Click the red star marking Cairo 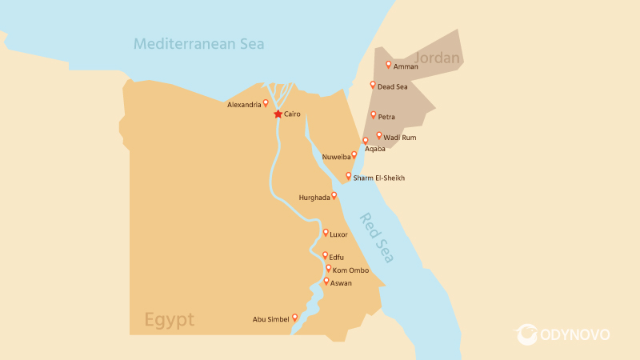[278, 114]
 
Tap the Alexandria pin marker [266, 103]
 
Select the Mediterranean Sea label [199, 43]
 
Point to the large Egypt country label [169, 320]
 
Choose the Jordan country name [438, 58]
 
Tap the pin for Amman [389, 65]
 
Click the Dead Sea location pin [373, 85]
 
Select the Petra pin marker [374, 115]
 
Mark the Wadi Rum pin [379, 136]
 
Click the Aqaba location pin [366, 141]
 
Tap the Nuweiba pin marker [354, 155]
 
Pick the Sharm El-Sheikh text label [378, 178]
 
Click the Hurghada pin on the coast [334, 195]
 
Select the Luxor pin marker [326, 233]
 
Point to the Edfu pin [325, 255]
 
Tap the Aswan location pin [326, 282]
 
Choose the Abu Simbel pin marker [294, 318]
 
